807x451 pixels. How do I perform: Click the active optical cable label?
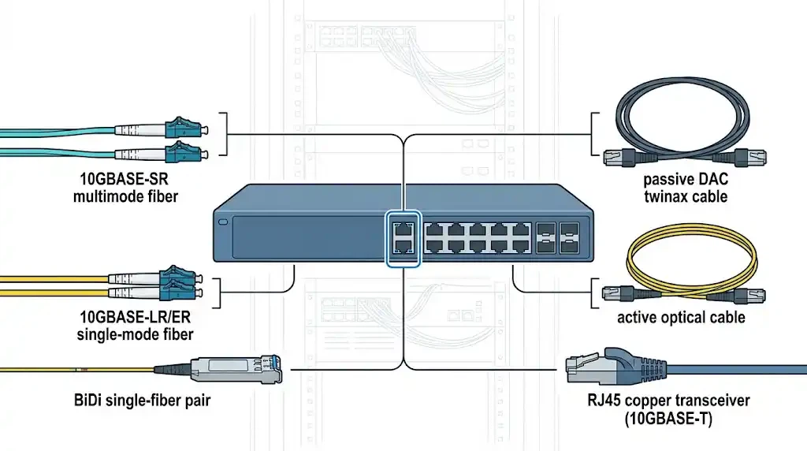pos(681,319)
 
